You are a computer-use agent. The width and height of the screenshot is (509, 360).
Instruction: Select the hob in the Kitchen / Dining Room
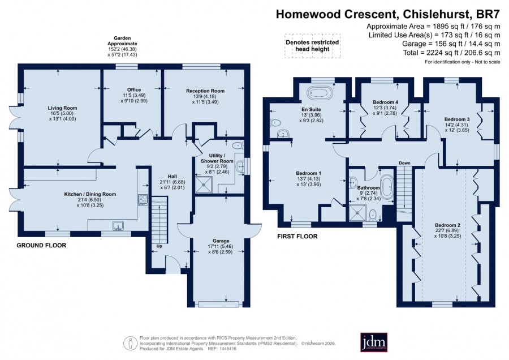(x=143, y=200)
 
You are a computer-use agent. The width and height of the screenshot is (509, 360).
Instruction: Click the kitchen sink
(x=118, y=225)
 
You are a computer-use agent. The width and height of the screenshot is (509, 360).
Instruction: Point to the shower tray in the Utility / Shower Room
(x=204, y=185)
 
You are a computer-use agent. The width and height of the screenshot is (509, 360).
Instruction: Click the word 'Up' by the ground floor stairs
(x=159, y=246)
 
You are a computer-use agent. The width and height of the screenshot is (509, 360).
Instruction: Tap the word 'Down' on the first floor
(x=404, y=163)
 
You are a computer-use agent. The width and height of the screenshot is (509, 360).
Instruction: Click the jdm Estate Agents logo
(x=374, y=342)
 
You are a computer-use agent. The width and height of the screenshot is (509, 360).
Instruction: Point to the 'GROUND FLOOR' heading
(x=41, y=246)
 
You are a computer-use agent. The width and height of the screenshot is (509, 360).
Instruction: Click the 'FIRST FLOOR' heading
(x=297, y=237)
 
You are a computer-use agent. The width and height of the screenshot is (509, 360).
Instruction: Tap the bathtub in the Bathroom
(x=387, y=186)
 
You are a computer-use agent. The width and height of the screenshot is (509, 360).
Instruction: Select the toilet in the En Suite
(x=275, y=123)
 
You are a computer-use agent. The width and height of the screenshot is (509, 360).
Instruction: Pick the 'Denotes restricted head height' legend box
(x=313, y=46)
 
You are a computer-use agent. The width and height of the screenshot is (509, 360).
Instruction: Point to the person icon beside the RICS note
(x=130, y=343)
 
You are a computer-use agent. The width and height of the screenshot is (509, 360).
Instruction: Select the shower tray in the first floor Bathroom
(x=357, y=212)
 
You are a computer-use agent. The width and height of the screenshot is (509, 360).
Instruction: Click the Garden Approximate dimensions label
(x=122, y=46)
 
